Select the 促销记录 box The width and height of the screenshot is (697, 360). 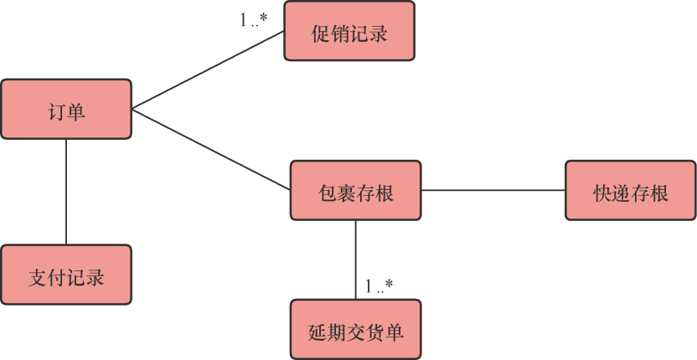pyautogui.click(x=349, y=31)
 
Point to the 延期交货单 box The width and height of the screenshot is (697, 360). pyautogui.click(x=355, y=329)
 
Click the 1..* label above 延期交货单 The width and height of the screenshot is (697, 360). pyautogui.click(x=379, y=286)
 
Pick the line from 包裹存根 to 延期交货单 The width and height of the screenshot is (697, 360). pyautogui.click(x=355, y=260)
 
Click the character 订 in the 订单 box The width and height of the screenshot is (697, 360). pyautogui.click(x=57, y=110)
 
